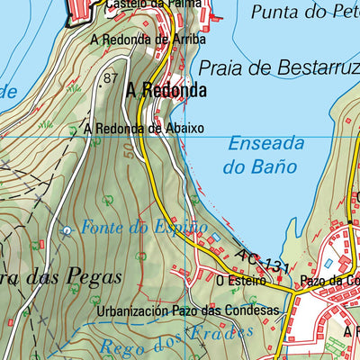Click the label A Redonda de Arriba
[x=148, y=40]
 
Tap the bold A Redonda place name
[x=166, y=90]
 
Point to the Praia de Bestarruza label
[x=278, y=67]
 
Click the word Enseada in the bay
[x=265, y=143]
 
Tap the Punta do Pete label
[x=305, y=12]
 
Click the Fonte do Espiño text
[x=144, y=227]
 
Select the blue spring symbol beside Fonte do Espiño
[x=66, y=230]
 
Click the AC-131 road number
[x=264, y=262]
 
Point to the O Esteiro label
[x=240, y=281]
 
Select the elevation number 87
[x=111, y=78]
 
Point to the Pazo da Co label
[x=331, y=281]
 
